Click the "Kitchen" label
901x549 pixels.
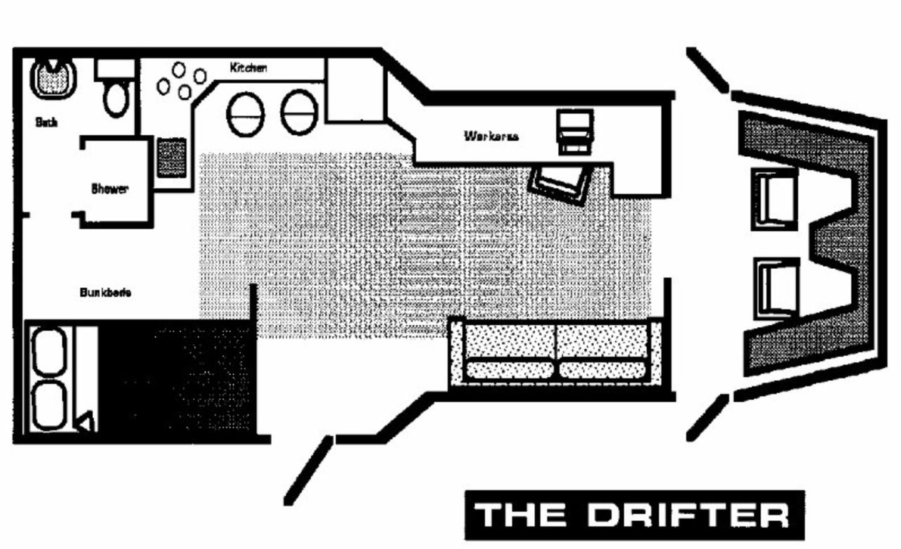pos(248,68)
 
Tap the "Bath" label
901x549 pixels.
pos(46,122)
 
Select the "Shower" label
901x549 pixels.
pos(110,189)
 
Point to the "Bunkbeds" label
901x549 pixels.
pos(106,293)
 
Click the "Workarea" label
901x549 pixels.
pos(491,136)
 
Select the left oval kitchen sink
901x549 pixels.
pos(246,114)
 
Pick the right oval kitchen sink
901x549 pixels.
pos(300,113)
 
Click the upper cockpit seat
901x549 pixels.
pos(775,198)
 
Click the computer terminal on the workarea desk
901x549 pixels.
pos(574,130)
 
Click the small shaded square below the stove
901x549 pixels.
pos(171,157)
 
